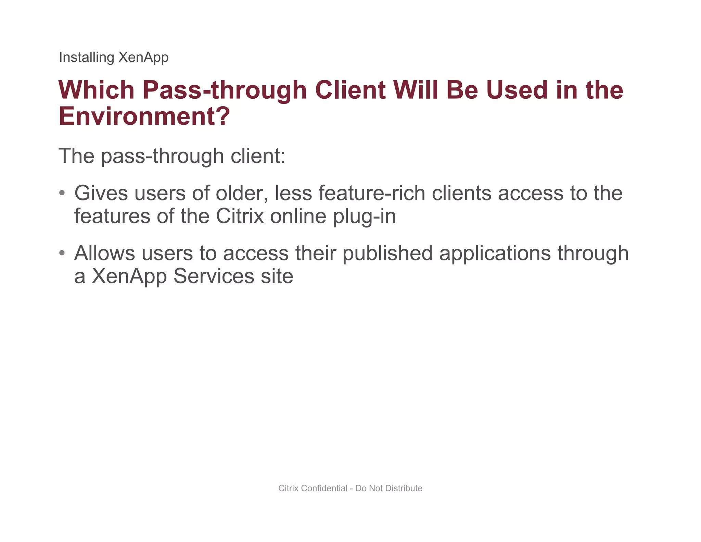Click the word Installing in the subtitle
86,57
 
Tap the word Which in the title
97,90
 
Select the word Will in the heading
416,90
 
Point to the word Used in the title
517,90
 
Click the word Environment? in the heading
144,116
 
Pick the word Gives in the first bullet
101,193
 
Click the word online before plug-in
298,216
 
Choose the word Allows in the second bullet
105,253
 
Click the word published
387,254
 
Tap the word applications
495,254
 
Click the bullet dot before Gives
62,193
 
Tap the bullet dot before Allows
62,253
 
